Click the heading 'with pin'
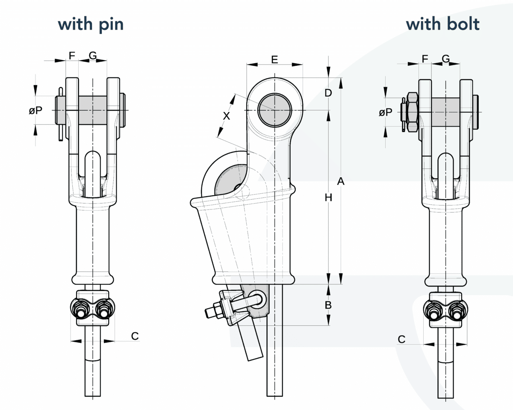coord(91,24)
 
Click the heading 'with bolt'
coord(442,24)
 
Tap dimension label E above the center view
coord(274,59)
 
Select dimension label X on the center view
coord(227,116)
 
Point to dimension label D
coord(328,93)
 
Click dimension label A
coord(340,182)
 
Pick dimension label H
coord(328,198)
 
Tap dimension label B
coord(328,305)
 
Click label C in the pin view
coord(135,336)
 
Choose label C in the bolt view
coord(401,339)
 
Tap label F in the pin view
coord(72,55)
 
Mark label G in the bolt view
coord(445,59)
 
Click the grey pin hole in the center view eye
coord(275,109)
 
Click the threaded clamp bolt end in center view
coord(210,312)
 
